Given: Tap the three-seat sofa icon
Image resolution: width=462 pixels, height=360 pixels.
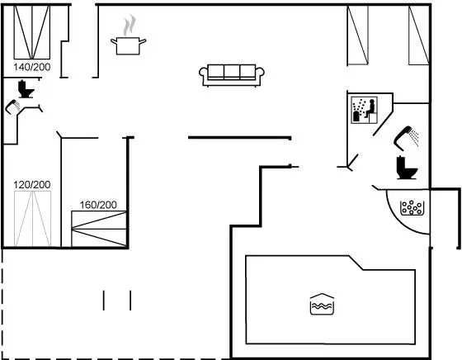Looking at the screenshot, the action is (x=232, y=75).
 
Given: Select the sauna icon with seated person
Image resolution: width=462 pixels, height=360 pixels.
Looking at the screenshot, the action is (x=364, y=110).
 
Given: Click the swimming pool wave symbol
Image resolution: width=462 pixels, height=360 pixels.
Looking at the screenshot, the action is (x=322, y=305).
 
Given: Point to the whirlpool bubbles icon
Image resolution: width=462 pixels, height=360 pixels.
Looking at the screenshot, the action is (x=412, y=207).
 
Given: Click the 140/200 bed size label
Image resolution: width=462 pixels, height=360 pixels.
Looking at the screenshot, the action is (x=32, y=67).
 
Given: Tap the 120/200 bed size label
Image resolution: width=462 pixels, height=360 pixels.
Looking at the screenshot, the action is (x=32, y=185).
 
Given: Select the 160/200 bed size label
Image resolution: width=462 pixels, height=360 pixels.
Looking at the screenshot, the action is (x=98, y=205).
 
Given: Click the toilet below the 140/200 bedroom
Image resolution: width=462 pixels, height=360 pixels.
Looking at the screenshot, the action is (x=26, y=88).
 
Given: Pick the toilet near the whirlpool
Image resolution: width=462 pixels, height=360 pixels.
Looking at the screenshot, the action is (x=407, y=168).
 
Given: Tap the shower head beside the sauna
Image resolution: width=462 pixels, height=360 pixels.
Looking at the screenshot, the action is (x=406, y=136).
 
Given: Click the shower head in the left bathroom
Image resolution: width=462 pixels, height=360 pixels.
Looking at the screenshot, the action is (x=13, y=107).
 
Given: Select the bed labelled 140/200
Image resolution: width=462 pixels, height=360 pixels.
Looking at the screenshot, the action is (x=32, y=32).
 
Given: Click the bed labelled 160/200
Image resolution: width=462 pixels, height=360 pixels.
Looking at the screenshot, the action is (x=99, y=229).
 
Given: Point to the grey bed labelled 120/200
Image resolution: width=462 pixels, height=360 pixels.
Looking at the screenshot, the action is (x=32, y=219).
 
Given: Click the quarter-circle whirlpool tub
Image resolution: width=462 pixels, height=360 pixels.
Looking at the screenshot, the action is (x=408, y=211).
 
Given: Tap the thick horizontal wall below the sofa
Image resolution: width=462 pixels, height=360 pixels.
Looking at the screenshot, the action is (x=239, y=138).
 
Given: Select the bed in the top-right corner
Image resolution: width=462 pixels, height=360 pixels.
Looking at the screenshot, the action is (x=419, y=35).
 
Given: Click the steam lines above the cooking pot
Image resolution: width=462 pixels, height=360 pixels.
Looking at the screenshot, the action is (x=130, y=25).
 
